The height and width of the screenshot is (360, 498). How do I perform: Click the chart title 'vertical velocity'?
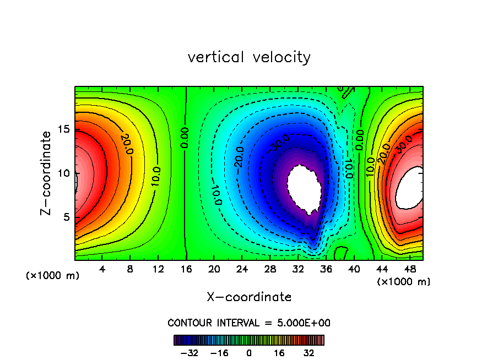pyautogui.click(x=249, y=57)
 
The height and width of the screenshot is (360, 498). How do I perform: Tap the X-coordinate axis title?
pyautogui.click(x=249, y=297)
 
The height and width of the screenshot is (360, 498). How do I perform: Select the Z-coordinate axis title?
pyautogui.click(x=47, y=173)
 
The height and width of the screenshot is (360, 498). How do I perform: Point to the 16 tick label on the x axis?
pyautogui.click(x=186, y=270)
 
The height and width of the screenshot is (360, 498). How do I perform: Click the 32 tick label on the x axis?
pyautogui.click(x=297, y=270)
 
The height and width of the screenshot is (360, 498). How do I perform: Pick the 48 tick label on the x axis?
pyautogui.click(x=409, y=270)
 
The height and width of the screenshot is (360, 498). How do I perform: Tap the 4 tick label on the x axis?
pyautogui.click(x=102, y=270)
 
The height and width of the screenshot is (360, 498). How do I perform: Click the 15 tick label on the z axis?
pyautogui.click(x=65, y=129)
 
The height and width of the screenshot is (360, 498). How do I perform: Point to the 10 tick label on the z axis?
pyautogui.click(x=65, y=173)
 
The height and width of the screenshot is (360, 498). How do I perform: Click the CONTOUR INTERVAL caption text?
pyautogui.click(x=249, y=323)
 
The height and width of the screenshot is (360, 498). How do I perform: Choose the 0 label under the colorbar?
pyautogui.click(x=249, y=353)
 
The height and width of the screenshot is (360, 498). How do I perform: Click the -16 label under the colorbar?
pyautogui.click(x=219, y=353)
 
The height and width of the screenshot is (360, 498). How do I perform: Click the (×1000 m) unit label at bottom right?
pyautogui.click(x=404, y=282)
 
